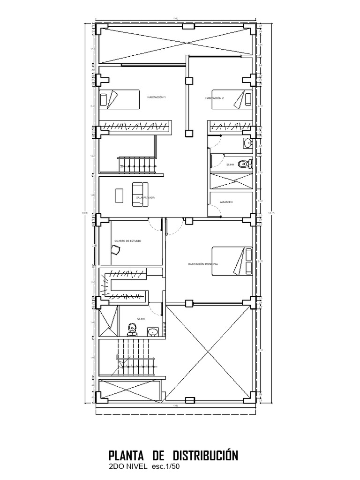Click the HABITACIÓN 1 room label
pyautogui.click(x=157, y=97)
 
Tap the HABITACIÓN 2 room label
pyautogui.click(x=214, y=98)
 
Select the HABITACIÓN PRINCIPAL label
pyautogui.click(x=203, y=264)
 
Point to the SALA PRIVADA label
pyautogui.click(x=145, y=198)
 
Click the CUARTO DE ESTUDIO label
pyautogui.click(x=128, y=241)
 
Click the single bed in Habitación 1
pyautogui.click(x=120, y=99)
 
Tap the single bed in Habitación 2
pyautogui.click(x=232, y=99)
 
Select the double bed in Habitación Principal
pyautogui.click(x=232, y=261)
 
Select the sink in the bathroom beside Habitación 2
pyautogui.click(x=247, y=142)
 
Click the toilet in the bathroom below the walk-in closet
pyautogui.click(x=133, y=330)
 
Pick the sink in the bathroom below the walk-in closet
pyautogui.click(x=152, y=332)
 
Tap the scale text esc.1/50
pyautogui.click(x=165, y=467)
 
